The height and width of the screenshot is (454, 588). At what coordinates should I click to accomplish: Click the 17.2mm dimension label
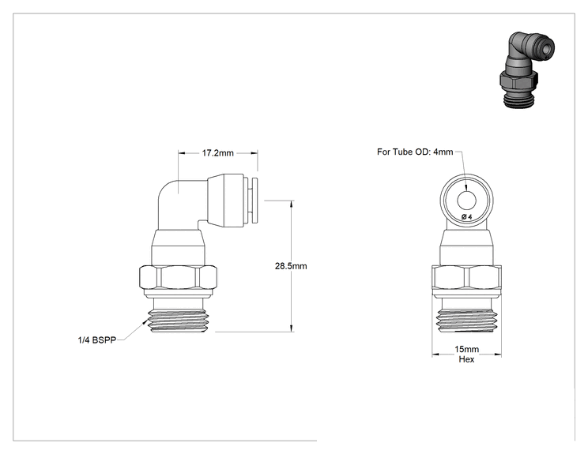pos(218,153)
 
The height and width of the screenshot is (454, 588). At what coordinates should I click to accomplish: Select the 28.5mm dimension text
pos(291,266)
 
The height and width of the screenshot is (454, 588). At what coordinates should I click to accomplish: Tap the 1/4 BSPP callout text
pos(96,340)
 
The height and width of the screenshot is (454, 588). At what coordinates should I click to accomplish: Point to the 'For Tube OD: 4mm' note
pos(415,152)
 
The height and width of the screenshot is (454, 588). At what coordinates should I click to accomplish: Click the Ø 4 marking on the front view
pos(467,216)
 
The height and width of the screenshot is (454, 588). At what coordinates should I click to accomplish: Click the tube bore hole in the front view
pos(466,201)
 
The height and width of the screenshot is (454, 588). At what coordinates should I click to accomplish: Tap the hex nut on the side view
pos(179,278)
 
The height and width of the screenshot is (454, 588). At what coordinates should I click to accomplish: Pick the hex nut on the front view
pos(466,278)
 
